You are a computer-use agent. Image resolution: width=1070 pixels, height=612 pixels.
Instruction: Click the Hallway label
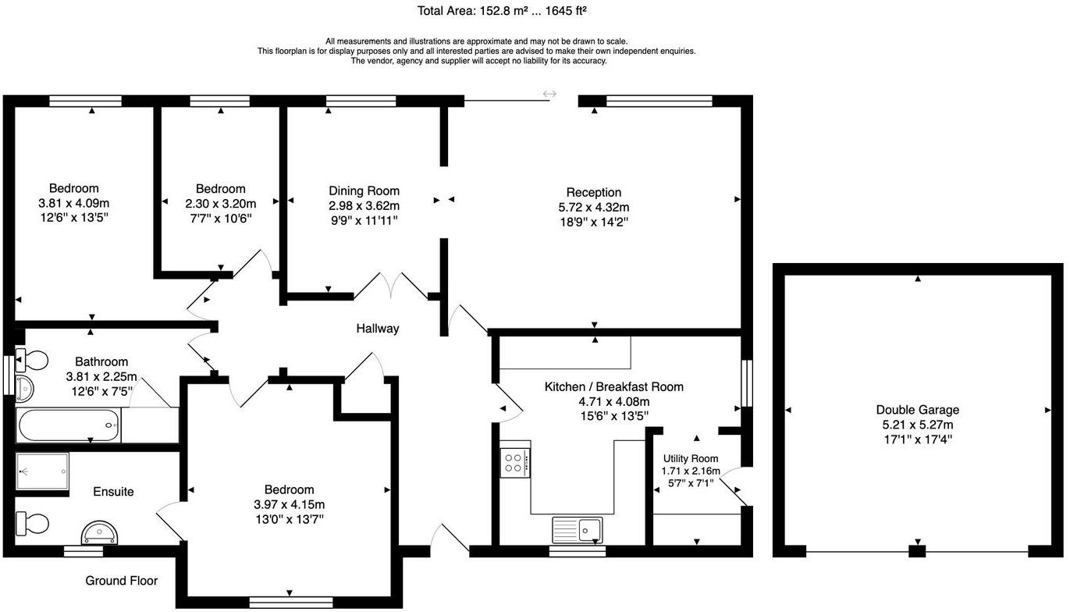coord(378,329)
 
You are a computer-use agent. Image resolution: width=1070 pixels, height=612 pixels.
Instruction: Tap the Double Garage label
coord(917,410)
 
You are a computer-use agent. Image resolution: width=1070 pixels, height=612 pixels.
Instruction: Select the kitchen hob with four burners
coord(515,462)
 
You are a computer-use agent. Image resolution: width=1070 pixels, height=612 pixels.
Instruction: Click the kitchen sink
coord(577,529)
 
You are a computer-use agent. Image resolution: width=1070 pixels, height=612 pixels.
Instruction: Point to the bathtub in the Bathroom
coord(69,426)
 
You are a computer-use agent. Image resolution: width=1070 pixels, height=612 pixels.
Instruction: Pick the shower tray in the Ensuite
coord(43,472)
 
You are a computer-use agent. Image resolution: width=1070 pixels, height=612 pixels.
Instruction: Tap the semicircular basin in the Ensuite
coord(101,533)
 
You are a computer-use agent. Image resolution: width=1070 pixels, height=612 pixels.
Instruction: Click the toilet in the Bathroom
coord(33,361)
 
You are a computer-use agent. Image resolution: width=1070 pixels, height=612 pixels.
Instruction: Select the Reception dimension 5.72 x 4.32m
coord(594,208)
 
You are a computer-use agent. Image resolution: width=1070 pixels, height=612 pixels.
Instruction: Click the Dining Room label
coord(364,191)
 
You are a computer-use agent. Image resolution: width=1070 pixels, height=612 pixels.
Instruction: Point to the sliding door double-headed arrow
coord(549,94)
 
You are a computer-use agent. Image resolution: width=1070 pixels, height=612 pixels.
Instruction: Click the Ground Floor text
coord(121,581)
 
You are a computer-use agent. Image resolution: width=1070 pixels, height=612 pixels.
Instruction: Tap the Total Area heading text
coord(502,11)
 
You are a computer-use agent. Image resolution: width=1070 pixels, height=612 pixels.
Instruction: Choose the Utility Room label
coord(691,459)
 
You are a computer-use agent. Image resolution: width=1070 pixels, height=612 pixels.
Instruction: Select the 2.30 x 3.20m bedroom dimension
coord(220,204)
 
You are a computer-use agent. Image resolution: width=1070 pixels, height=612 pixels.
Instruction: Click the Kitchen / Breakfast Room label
coord(613,387)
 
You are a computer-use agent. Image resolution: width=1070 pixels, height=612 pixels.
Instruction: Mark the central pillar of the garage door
coord(918,552)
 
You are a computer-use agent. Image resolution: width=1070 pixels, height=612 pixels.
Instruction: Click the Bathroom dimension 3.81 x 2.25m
coord(101,376)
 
